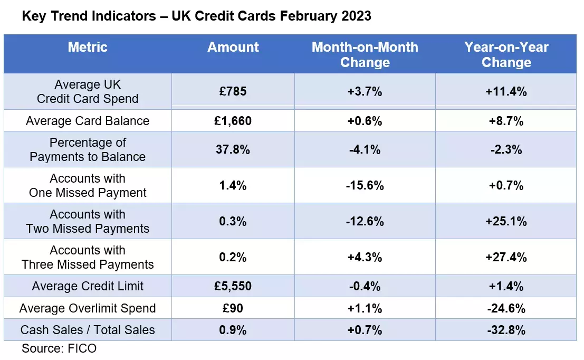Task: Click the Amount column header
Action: click(x=233, y=47)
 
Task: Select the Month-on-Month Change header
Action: click(x=365, y=54)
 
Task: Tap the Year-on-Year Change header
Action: click(x=506, y=54)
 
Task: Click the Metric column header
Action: click(x=88, y=47)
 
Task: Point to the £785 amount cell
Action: click(x=233, y=91)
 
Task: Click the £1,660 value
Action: click(x=233, y=121)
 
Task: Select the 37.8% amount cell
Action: click(x=233, y=149)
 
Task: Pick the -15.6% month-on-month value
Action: click(x=365, y=186)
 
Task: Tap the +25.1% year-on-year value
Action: click(x=506, y=222)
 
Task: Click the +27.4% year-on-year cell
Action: click(x=506, y=258)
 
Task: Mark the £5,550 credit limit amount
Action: click(x=233, y=287)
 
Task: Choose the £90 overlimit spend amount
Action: click(x=233, y=308)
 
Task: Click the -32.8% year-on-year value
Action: click(x=506, y=330)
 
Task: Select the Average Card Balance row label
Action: click(x=88, y=121)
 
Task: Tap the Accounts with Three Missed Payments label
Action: click(x=88, y=258)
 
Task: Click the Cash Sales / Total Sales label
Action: click(x=88, y=330)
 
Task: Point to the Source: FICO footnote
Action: click(x=59, y=348)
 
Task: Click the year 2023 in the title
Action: click(x=356, y=16)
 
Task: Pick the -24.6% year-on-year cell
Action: click(x=506, y=308)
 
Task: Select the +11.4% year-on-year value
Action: click(x=506, y=91)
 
